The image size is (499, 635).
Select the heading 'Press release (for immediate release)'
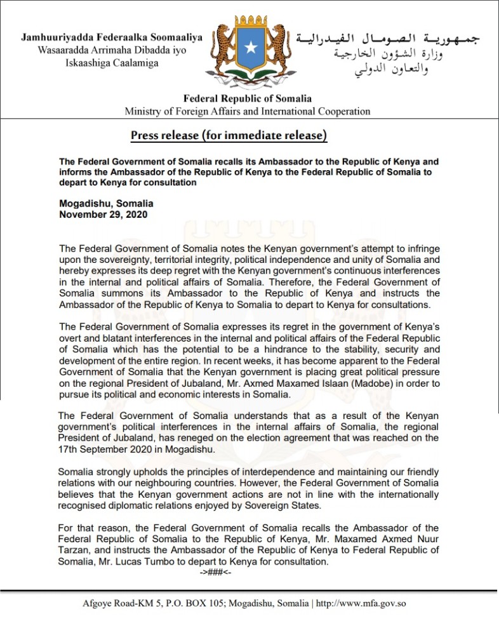229,135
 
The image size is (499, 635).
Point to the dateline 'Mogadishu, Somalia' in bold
106,204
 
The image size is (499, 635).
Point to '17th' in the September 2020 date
69,449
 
